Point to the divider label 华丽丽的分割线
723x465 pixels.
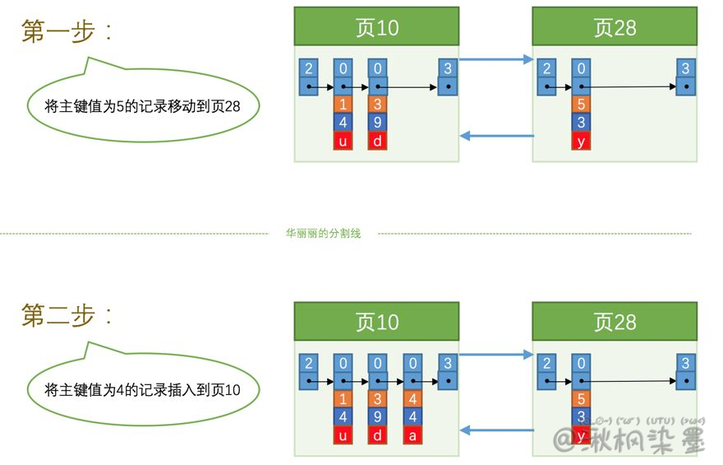(x=323, y=234)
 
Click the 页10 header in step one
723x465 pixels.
(x=376, y=27)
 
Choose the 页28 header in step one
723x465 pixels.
(x=615, y=27)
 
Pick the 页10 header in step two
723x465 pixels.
(x=376, y=322)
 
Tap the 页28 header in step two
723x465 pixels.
(x=615, y=322)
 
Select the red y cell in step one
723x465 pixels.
(x=582, y=141)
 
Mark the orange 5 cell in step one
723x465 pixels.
(x=582, y=105)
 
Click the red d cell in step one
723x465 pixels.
(x=377, y=141)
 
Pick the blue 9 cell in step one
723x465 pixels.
(x=377, y=123)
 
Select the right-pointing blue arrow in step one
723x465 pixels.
(x=495, y=59)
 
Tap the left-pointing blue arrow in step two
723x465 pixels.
(x=495, y=430)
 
